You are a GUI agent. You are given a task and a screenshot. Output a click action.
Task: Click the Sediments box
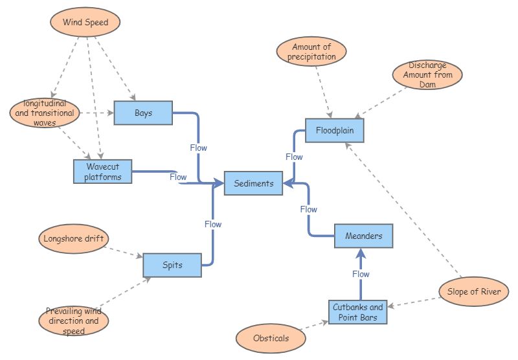point(253,183)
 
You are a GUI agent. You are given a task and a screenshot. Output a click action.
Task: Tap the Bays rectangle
point(143,113)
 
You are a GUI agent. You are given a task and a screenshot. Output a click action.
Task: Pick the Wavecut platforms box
point(102,171)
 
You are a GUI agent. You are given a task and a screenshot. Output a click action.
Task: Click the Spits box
point(172,265)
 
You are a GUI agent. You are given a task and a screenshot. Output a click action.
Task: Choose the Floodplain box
point(335,130)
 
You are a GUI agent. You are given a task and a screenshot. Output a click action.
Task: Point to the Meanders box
point(363,236)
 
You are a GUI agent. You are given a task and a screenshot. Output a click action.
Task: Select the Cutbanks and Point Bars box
point(357,312)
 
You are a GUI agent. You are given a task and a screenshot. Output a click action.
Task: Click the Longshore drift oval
point(73,238)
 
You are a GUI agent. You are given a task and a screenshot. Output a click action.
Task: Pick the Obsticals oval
point(271,338)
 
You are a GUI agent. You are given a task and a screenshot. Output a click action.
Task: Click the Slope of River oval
point(473,291)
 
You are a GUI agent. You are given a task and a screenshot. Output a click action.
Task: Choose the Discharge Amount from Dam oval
point(428,75)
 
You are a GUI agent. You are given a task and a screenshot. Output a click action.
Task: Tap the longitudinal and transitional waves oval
point(45,113)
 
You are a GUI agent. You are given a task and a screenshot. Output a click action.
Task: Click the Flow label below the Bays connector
point(199,148)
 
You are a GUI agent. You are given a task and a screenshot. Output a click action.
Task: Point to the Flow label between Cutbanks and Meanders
point(361,274)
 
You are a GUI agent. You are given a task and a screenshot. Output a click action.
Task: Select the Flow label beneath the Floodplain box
point(294,157)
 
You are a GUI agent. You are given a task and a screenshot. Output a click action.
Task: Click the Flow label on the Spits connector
point(213,224)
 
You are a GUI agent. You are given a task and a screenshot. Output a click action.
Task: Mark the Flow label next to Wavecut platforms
point(178,177)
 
